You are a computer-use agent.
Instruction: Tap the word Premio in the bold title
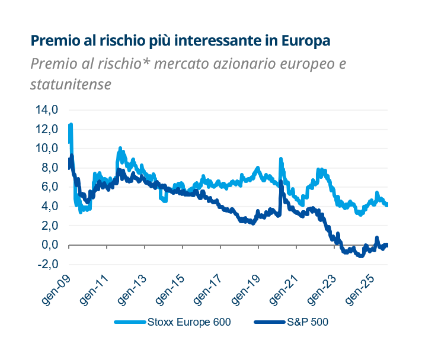click(x=54, y=41)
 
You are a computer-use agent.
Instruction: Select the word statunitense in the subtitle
click(x=71, y=85)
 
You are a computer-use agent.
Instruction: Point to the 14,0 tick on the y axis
click(x=47, y=110)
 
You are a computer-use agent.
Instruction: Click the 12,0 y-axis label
click(x=47, y=129)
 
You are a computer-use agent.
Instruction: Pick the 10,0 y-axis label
click(x=47, y=149)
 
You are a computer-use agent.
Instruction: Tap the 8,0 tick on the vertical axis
click(x=49, y=168)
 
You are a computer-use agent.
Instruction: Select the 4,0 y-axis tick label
click(x=49, y=207)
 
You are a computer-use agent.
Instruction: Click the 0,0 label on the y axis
click(x=49, y=245)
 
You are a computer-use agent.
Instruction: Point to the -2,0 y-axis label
click(x=48, y=264)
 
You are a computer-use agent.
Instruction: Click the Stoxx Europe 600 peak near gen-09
click(x=71, y=125)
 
